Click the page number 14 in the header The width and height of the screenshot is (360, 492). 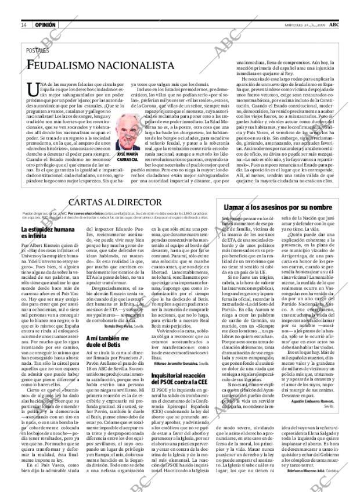pos(23,25)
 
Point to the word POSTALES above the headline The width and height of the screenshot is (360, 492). pos(38,50)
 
